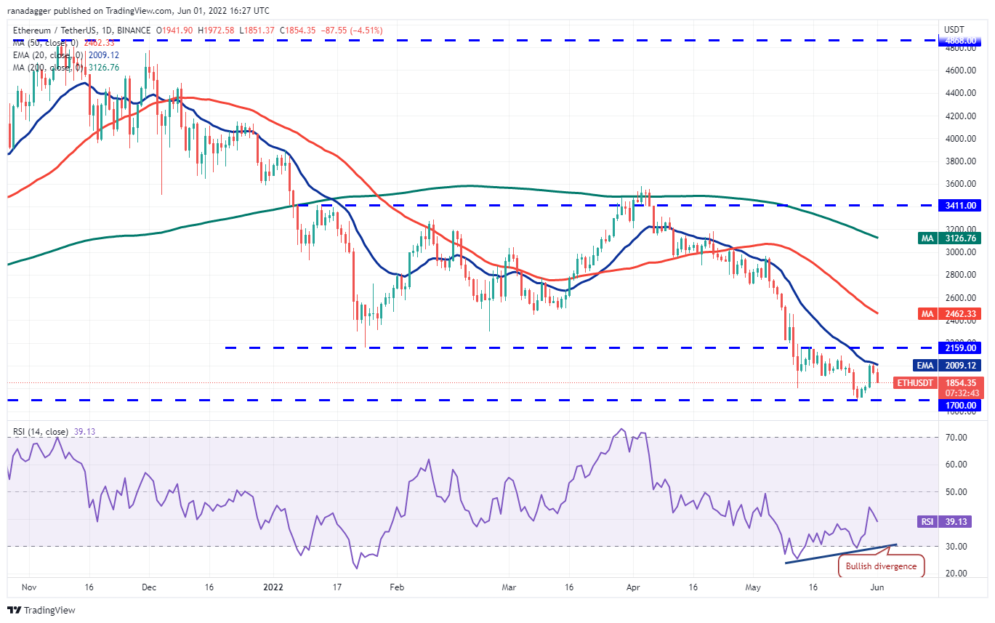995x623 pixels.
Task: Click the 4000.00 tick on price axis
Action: [x=955, y=139]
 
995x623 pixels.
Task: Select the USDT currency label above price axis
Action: [x=954, y=29]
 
